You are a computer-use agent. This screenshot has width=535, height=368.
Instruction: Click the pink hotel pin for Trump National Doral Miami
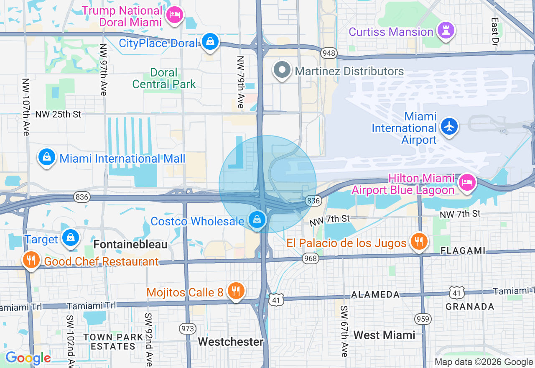click(x=174, y=15)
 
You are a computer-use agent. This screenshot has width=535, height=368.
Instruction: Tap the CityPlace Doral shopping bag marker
click(x=210, y=42)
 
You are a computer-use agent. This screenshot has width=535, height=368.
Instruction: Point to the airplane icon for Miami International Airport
click(x=449, y=126)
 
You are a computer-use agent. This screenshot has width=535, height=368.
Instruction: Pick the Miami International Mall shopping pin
click(x=47, y=158)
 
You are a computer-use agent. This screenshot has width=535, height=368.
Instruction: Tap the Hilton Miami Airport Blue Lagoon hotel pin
click(x=466, y=182)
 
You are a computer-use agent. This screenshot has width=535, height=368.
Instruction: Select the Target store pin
click(x=71, y=238)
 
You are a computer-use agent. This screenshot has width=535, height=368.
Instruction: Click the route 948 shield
click(x=329, y=53)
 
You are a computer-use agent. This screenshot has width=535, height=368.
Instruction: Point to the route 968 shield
click(x=311, y=258)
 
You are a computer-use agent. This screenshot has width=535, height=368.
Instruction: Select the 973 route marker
click(x=188, y=328)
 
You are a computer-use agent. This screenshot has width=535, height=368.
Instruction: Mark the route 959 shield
click(x=423, y=319)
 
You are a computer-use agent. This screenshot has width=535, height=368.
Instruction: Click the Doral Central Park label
click(x=164, y=79)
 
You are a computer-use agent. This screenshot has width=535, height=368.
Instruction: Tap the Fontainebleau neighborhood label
click(x=130, y=244)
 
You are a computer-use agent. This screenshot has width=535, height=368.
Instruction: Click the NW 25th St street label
click(x=58, y=114)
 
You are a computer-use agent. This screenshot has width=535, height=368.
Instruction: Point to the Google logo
click(x=28, y=358)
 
